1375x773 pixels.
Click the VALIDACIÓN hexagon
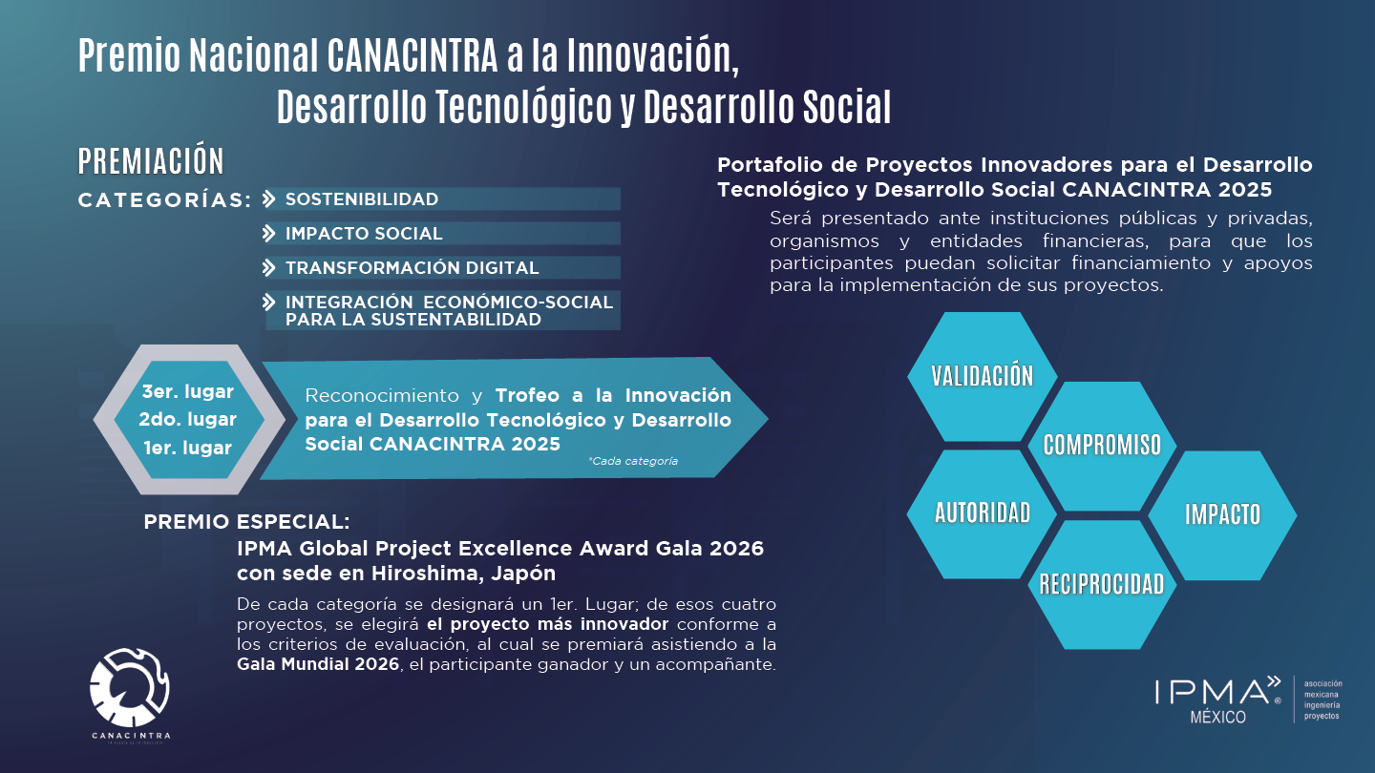click(983, 376)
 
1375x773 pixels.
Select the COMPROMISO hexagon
click(1102, 446)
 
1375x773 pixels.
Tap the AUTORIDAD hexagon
click(983, 514)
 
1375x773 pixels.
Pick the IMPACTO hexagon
click(1222, 515)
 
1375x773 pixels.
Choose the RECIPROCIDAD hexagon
click(1102, 585)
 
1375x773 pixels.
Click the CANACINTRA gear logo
click(130, 688)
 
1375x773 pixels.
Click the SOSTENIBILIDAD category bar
click(443, 198)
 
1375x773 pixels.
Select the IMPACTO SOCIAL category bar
click(443, 233)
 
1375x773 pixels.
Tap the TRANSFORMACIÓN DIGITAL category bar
click(443, 267)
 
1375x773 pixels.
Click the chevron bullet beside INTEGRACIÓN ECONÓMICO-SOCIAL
click(269, 302)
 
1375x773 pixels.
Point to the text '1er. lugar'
click(188, 448)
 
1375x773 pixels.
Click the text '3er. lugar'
click(188, 391)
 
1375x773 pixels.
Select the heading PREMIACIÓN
click(151, 161)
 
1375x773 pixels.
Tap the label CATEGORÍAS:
click(165, 200)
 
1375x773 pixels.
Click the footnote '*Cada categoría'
click(633, 461)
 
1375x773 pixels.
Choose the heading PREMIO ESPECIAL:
click(246, 521)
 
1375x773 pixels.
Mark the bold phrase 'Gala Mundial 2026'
click(318, 664)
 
